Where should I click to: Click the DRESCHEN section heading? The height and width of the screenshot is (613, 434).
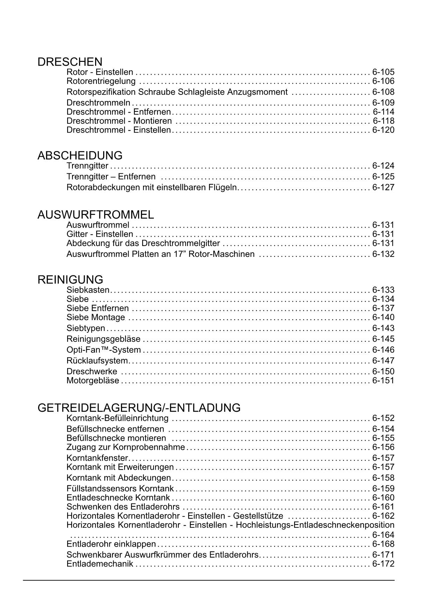coord(70,62)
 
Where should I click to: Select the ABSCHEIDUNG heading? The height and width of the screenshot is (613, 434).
coord(80,156)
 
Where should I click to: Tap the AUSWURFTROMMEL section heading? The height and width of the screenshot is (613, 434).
coord(95,215)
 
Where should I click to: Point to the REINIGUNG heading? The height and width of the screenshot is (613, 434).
coord(70,280)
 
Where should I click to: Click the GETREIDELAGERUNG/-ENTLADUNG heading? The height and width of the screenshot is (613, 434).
coord(139,408)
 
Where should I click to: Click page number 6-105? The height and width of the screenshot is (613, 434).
coord(383,72)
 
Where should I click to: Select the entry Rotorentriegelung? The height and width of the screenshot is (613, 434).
coord(101,81)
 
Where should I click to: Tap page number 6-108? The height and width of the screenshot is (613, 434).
coord(383,92)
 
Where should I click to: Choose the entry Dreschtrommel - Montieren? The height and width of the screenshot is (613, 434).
coord(119,121)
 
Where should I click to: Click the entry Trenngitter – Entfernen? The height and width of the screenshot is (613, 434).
coord(111,176)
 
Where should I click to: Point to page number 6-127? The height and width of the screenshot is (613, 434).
coord(383,187)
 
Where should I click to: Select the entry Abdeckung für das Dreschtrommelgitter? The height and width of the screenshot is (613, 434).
coord(143,244)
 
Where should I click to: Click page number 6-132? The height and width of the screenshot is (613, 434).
coord(383,254)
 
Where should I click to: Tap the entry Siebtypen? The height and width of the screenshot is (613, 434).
coord(86,329)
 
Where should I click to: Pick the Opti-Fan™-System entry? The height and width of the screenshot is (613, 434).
coord(104,350)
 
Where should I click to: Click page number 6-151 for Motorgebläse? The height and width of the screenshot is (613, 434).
coord(383,381)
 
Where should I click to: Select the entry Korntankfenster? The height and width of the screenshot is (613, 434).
coord(97,458)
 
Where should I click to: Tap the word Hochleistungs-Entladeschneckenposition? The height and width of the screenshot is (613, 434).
coord(315,525)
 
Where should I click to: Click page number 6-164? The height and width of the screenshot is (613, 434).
coord(383,535)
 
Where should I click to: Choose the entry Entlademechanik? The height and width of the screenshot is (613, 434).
coord(100,564)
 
